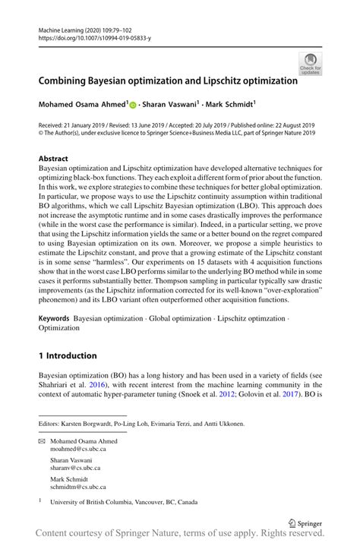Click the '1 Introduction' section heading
click(x=68, y=355)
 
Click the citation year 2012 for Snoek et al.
click(x=225, y=396)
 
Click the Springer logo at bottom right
click(x=302, y=523)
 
